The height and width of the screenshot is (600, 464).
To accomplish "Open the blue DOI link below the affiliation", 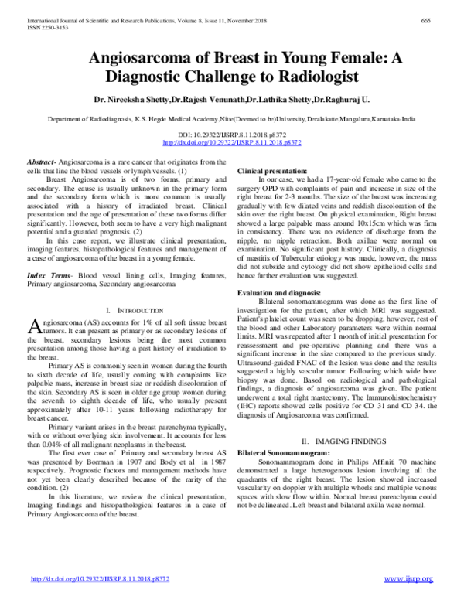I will (x=231, y=143).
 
